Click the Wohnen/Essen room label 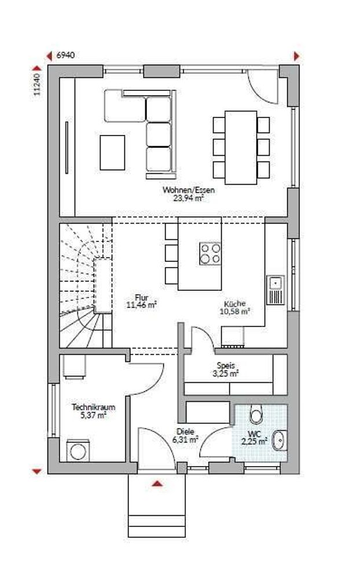pyautogui.click(x=188, y=190)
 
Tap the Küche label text pyautogui.click(x=234, y=303)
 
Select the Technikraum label pyautogui.click(x=93, y=407)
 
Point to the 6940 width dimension pyautogui.click(x=65, y=56)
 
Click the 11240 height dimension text pyautogui.click(x=36, y=85)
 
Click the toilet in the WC pyautogui.click(x=255, y=414)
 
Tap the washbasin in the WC pyautogui.click(x=280, y=441)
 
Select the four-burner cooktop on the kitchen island pyautogui.click(x=210, y=254)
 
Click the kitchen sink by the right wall pyautogui.click(x=275, y=290)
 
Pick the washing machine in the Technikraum pyautogui.click(x=78, y=451)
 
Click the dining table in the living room pyautogui.click(x=241, y=147)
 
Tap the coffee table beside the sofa pyautogui.click(x=112, y=152)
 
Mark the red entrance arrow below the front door pyautogui.click(x=157, y=483)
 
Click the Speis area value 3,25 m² pyautogui.click(x=225, y=373)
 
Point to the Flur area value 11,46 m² pyautogui.click(x=141, y=305)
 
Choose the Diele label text pyautogui.click(x=185, y=431)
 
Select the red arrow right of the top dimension pyautogui.click(x=296, y=56)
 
